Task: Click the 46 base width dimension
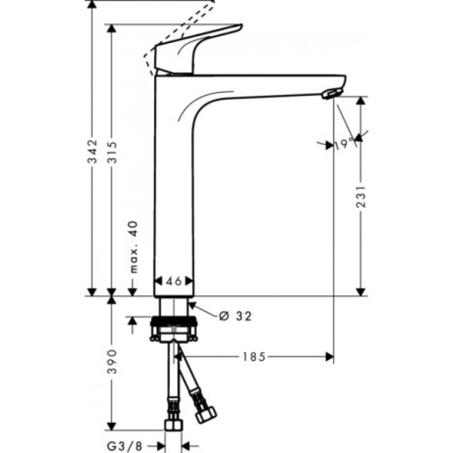pyautogui.click(x=174, y=281)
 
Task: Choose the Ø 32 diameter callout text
pyautogui.click(x=235, y=316)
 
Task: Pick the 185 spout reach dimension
pyautogui.click(x=254, y=356)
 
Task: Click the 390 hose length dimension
pyautogui.click(x=112, y=362)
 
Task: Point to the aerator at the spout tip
pyautogui.click(x=331, y=93)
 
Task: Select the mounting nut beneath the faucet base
pyautogui.click(x=175, y=328)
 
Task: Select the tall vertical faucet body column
pyautogui.click(x=174, y=189)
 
